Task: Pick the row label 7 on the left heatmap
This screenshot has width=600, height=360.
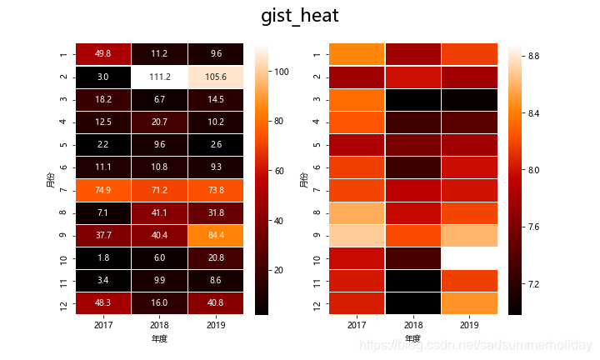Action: click(x=62, y=190)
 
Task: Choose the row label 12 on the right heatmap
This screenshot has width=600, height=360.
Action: click(x=316, y=303)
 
